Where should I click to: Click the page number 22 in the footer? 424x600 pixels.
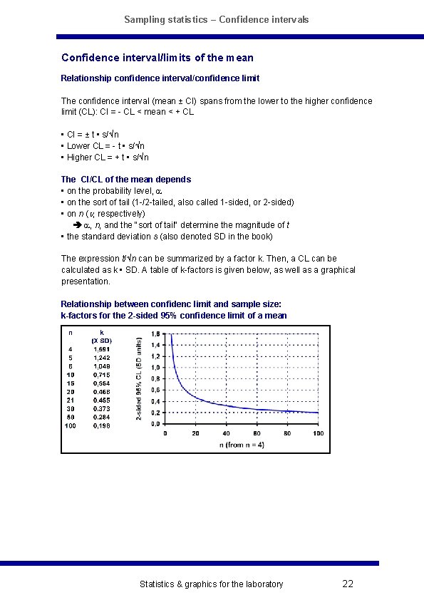348,584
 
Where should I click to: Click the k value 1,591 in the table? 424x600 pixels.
102,349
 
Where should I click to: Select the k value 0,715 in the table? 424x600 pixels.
102,375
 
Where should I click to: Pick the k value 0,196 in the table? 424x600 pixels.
102,426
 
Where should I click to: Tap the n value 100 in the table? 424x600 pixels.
70,426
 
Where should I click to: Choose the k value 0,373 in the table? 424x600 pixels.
102,409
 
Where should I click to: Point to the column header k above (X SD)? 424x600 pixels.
102,332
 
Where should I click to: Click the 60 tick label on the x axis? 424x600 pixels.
257,433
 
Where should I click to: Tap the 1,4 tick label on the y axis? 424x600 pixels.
155,344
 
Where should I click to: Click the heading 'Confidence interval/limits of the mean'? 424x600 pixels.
157,58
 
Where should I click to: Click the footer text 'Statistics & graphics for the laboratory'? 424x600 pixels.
211,584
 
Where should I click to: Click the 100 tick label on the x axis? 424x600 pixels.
317,433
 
